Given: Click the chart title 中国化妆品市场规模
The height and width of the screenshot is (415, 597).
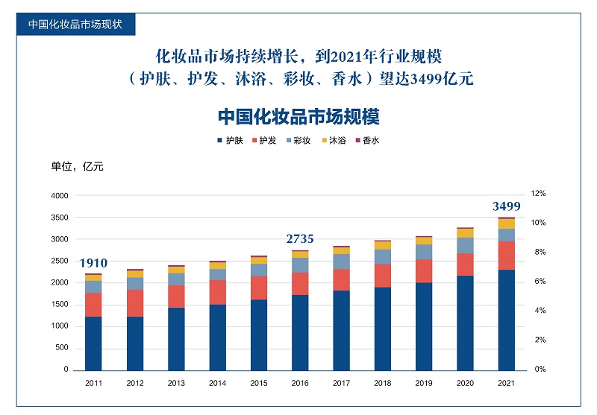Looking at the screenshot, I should click(x=298, y=118).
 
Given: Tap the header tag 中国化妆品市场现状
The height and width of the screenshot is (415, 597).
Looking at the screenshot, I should click(x=75, y=23).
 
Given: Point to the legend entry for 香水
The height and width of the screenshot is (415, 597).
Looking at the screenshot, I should click(x=367, y=140).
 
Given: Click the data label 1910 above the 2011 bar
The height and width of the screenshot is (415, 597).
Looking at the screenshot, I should click(x=94, y=263).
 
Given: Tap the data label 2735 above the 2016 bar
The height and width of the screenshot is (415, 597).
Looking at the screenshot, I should click(x=300, y=239).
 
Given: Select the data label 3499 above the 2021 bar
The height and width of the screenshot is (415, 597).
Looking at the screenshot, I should click(x=507, y=206).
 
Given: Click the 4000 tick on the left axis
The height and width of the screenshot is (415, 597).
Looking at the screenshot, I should click(x=59, y=196).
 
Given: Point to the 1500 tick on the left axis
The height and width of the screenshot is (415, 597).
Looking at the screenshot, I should click(x=59, y=305).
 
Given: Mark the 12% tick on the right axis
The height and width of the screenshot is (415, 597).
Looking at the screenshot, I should click(x=538, y=193).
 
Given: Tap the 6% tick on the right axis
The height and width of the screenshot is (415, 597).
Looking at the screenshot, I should click(x=538, y=282).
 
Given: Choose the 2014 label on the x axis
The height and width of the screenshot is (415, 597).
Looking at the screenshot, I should click(x=217, y=383).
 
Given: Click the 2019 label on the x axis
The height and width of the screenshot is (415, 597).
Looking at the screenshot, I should click(x=424, y=383).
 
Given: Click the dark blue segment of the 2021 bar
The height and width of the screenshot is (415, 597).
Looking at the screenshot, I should click(x=507, y=320).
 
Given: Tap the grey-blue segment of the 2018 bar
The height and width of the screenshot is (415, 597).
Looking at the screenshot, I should click(x=383, y=257).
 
